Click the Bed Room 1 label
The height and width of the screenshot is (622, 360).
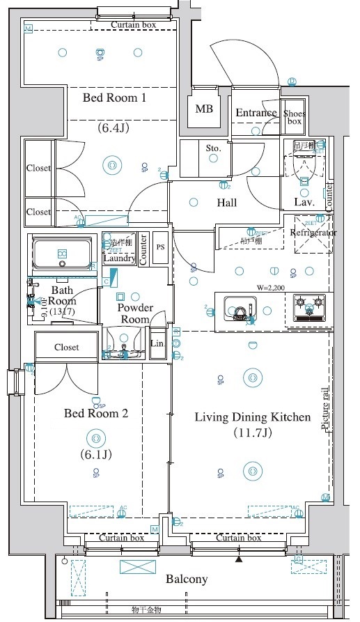(114, 98)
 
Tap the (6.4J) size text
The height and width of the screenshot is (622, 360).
(114, 128)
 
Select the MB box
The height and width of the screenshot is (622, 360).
(204, 109)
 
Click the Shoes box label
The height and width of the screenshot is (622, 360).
(293, 117)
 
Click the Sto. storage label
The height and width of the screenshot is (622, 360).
(213, 148)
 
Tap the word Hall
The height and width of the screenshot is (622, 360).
(226, 203)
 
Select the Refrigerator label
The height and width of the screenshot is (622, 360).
(313, 233)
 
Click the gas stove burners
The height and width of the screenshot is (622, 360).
(309, 303)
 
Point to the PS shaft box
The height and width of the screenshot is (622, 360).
(160, 247)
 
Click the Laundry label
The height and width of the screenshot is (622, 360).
(118, 258)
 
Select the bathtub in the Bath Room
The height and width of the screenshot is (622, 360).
(63, 252)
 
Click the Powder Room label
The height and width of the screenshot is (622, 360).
(135, 313)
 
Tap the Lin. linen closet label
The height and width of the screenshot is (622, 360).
(158, 344)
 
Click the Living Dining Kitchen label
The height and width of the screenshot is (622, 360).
(251, 417)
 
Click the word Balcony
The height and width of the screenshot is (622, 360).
(187, 579)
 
